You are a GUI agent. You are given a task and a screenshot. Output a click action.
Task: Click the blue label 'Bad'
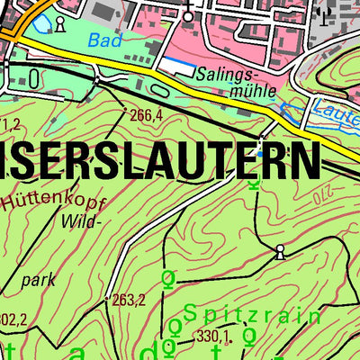(103, 40)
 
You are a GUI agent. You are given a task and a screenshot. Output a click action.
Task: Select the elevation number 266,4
(146, 115)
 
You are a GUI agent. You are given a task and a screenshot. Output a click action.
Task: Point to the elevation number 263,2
(130, 301)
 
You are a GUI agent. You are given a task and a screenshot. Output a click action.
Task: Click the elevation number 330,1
(213, 337)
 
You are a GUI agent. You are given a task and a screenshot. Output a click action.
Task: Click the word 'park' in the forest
(39, 280)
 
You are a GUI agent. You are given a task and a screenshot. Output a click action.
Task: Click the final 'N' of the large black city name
(303, 159)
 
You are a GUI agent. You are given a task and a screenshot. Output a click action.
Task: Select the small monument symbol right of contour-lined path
(280, 250)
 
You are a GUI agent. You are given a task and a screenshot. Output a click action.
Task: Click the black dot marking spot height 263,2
(107, 299)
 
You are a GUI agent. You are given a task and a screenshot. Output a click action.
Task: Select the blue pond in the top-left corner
(36, 20)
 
